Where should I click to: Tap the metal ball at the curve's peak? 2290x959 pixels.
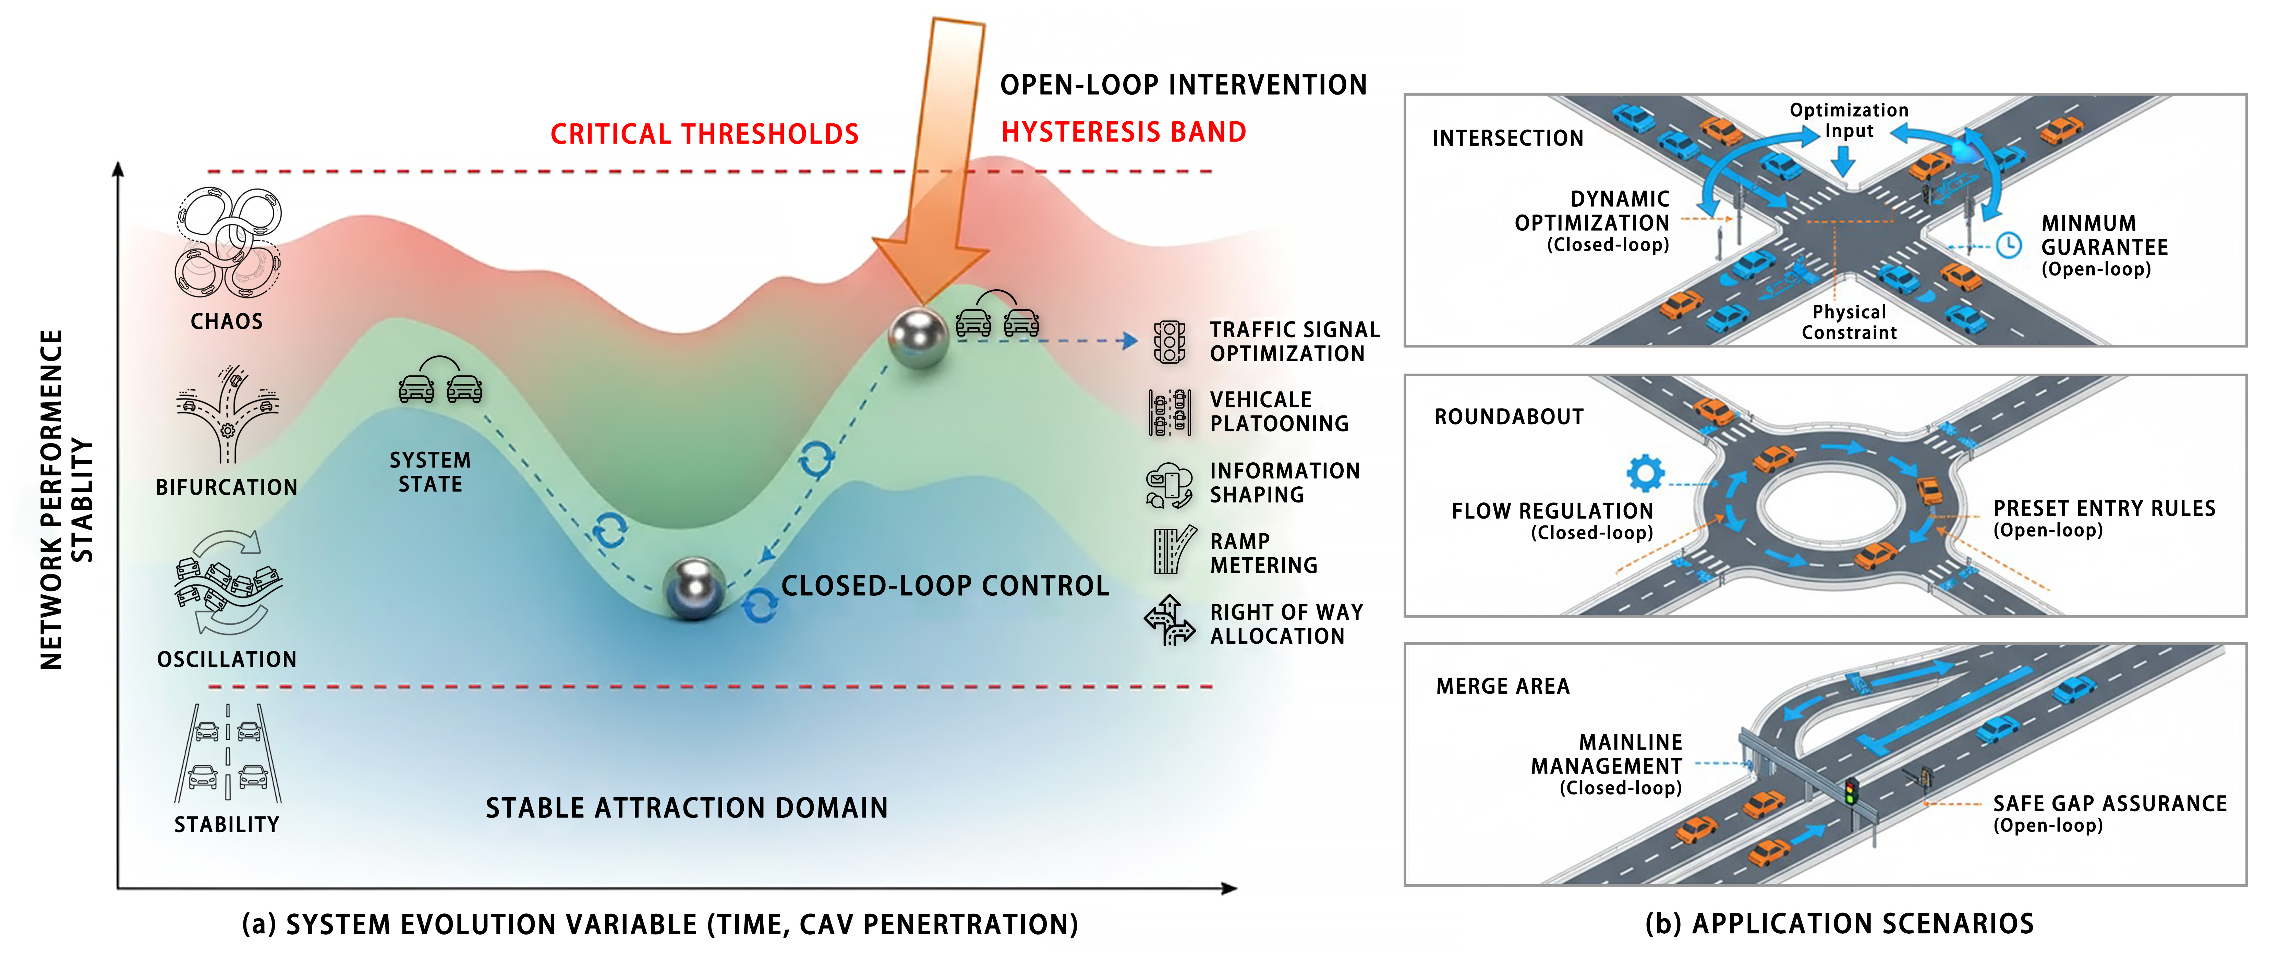[x=918, y=338]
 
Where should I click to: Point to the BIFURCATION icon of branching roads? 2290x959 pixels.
[x=228, y=413]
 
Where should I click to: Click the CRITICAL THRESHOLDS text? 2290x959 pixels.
[x=704, y=134]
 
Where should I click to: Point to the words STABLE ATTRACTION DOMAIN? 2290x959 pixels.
[x=686, y=808]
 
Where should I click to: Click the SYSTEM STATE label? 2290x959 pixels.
[x=430, y=472]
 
